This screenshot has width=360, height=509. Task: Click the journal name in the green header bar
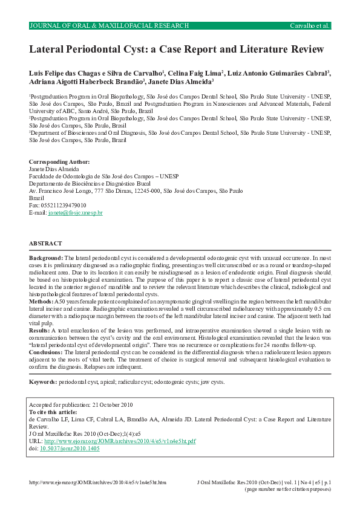(109, 26)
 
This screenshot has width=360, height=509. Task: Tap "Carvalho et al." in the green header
(309, 26)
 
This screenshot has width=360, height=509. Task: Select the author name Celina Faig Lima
(194, 73)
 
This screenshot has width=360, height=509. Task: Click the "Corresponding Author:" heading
(59, 162)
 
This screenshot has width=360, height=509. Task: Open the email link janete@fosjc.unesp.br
(75, 213)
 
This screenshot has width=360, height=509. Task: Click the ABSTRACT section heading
(45, 243)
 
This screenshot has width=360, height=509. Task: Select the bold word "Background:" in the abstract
(46, 258)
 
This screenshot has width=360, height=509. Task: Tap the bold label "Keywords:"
(43, 382)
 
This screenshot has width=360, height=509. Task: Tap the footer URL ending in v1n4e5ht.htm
(97, 482)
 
